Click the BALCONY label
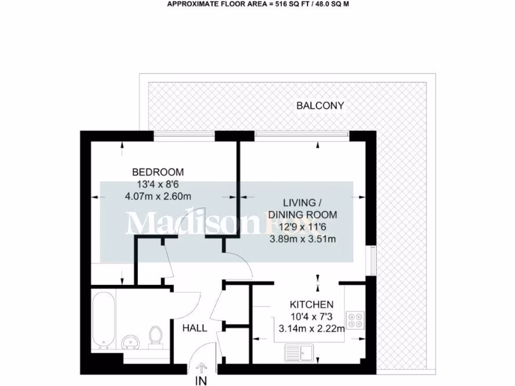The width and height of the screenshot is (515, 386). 320,106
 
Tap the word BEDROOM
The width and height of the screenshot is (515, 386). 158,171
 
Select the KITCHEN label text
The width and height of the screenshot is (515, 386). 311,305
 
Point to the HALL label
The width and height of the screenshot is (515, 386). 195,328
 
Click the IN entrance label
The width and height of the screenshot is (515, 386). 201,380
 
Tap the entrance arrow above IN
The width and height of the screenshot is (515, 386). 201,368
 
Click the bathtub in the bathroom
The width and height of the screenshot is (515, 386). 104,319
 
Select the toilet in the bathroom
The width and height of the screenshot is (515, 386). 155,336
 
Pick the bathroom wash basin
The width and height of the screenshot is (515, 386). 132,342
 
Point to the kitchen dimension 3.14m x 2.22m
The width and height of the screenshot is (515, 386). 311,329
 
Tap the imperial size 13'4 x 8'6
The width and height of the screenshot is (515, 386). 158,183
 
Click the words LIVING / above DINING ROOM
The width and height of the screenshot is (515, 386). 302,203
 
